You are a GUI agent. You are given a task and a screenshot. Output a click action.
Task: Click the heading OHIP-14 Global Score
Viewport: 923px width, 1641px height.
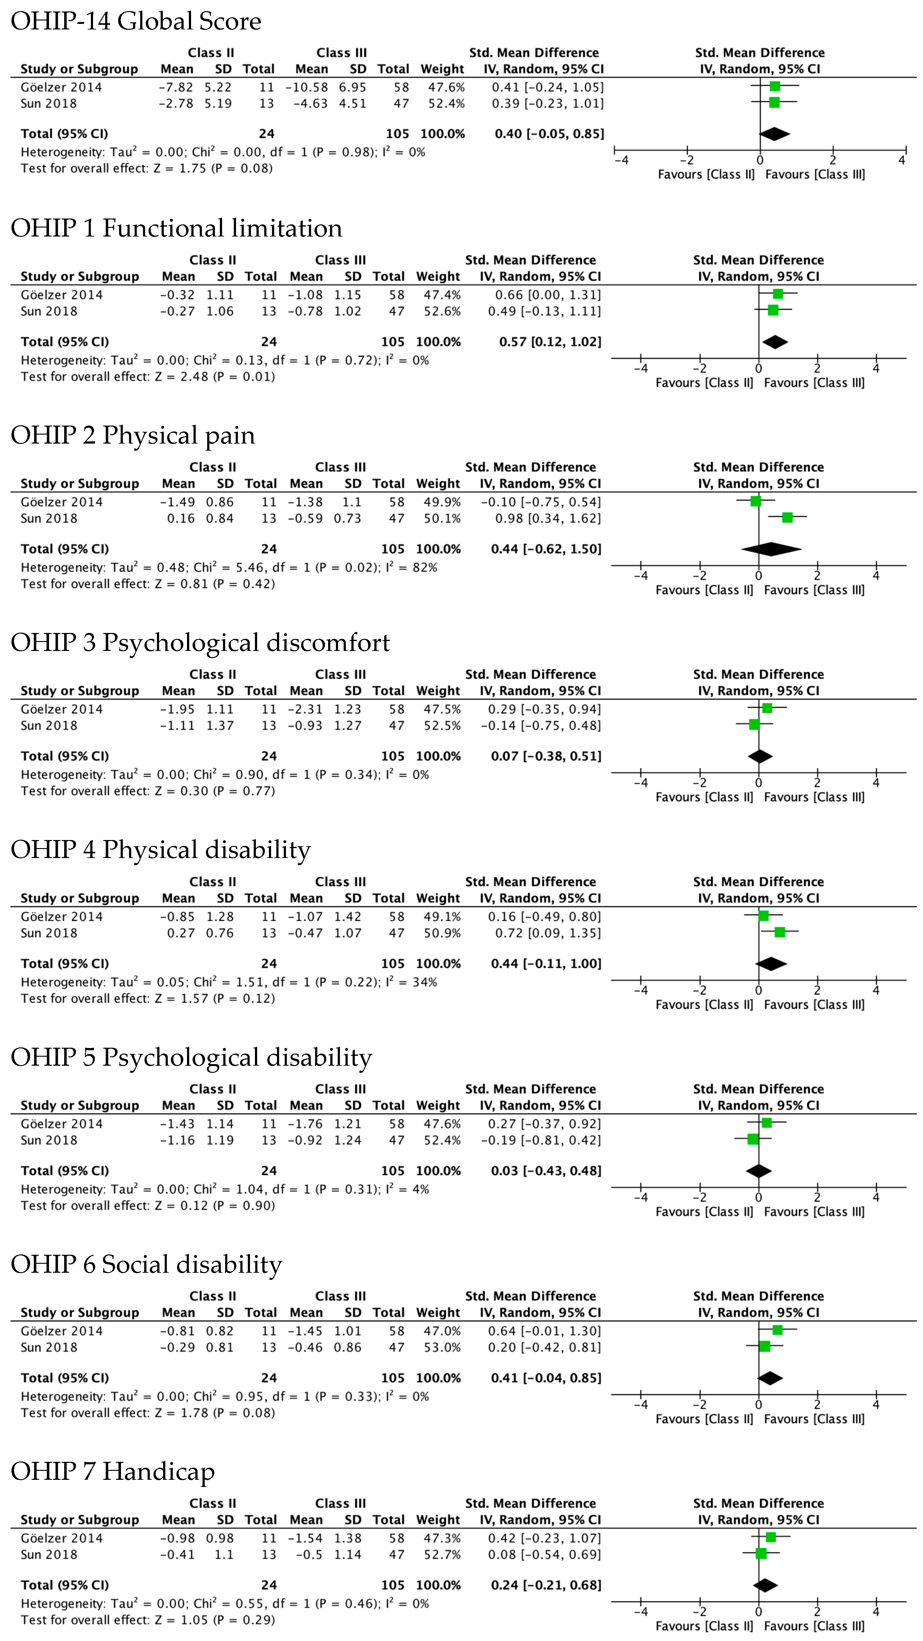click(136, 21)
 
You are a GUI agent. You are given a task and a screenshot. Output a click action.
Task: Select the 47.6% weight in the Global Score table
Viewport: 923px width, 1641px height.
click(446, 87)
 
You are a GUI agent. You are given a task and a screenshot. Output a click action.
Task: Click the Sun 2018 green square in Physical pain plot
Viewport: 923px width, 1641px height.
click(787, 517)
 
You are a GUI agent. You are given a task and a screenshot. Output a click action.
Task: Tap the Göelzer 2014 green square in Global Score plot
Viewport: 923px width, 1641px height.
click(774, 86)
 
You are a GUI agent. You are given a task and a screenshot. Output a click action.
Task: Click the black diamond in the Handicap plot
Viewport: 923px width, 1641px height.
click(765, 1586)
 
